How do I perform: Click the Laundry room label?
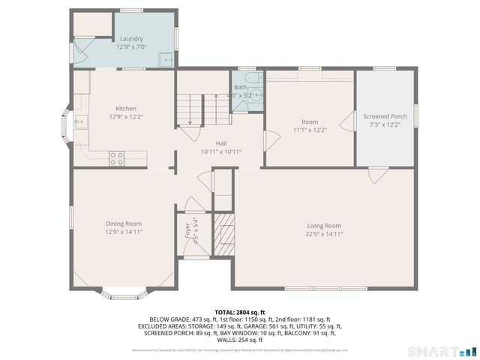coord(131,38)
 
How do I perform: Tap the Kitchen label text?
coord(125,109)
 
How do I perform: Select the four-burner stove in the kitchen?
coord(117,157)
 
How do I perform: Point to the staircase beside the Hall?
coord(200,109)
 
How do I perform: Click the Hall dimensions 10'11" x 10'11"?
coord(220,151)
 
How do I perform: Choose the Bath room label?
coord(240,88)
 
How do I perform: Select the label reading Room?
coord(310,121)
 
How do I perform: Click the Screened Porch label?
coord(385,117)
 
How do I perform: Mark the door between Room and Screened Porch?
coord(347,122)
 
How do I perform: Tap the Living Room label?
coord(323,226)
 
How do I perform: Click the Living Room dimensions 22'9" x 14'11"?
coord(323,233)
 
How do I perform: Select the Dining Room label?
coord(124,223)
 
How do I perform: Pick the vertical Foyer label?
coord(187,231)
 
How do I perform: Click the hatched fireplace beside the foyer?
coord(223,232)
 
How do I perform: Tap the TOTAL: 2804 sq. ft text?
coord(239,312)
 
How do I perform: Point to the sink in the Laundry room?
coord(169,58)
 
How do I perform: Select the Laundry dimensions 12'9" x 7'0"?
coord(131,46)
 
